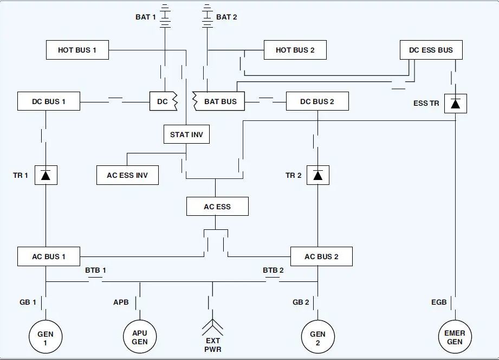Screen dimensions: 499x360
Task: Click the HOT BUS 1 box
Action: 77,50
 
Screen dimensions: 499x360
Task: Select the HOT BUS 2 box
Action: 295,50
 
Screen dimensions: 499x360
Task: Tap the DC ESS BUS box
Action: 431,50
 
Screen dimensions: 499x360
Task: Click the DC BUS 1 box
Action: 49,101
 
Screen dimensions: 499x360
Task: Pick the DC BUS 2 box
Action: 317,101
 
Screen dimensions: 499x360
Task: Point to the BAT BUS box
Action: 219,101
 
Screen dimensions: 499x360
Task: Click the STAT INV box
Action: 186,134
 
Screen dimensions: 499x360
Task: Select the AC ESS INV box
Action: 127,175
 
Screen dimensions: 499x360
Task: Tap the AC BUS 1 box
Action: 49,256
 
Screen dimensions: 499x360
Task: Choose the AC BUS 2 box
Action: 321,256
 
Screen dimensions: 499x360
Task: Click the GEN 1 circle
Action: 46,337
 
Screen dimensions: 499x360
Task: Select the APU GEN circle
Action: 140,337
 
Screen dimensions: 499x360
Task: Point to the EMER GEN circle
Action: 455,337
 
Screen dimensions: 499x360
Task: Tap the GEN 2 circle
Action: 317,337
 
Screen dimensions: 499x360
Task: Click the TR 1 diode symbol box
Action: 46,175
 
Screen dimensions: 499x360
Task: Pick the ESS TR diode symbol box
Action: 456,104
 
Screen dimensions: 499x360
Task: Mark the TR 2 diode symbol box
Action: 318,175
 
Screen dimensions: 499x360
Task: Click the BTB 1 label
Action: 95,270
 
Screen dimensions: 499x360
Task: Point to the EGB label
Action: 439,302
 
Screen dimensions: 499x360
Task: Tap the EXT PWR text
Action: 213,345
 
